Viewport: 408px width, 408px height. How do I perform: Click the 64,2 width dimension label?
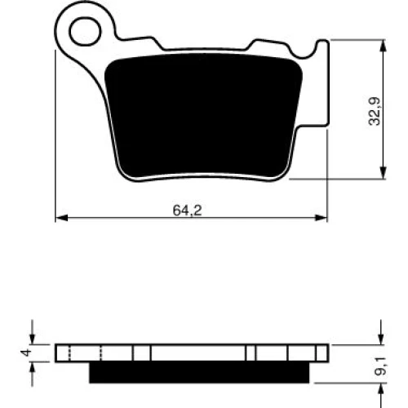[188, 210]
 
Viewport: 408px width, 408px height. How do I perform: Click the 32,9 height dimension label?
[375, 111]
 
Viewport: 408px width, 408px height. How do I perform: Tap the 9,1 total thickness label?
[380, 366]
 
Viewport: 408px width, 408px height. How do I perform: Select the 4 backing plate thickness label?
[26, 353]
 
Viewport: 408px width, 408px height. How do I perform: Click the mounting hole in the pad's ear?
[85, 31]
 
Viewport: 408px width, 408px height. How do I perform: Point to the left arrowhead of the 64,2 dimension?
[61, 218]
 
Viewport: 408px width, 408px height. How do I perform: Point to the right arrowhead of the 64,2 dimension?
[321, 218]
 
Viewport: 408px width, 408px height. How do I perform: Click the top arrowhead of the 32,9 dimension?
[383, 47]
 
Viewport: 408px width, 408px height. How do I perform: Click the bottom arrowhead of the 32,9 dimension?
[383, 172]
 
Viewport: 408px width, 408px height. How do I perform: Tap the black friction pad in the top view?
[203, 116]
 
